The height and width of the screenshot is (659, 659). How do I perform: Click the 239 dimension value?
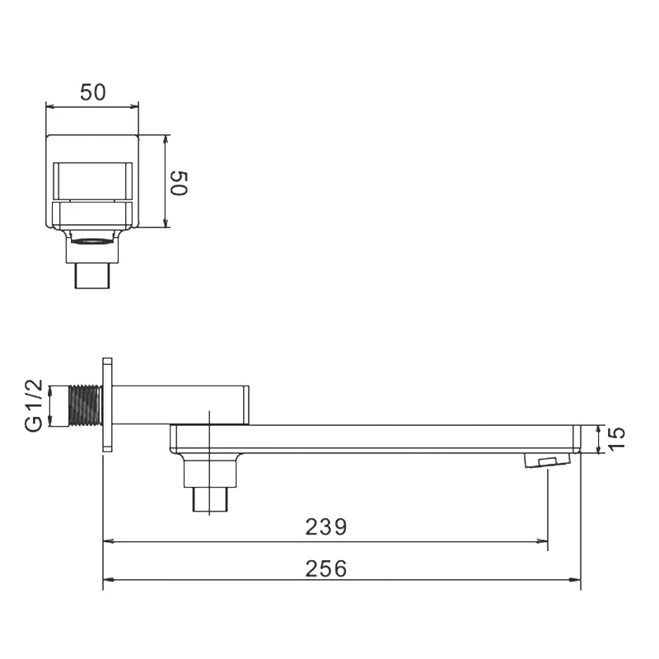click(x=326, y=526)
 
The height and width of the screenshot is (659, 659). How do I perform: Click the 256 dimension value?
click(x=326, y=568)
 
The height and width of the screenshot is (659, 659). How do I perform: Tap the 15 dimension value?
click(x=616, y=439)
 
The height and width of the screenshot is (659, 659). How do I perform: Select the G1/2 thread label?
click(x=34, y=405)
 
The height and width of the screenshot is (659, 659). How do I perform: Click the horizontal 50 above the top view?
click(x=93, y=92)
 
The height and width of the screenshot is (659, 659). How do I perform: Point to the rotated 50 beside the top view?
click(x=179, y=183)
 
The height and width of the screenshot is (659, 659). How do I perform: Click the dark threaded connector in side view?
click(x=85, y=406)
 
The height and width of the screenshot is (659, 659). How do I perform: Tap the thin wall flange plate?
click(x=107, y=404)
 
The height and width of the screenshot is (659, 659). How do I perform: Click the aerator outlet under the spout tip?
click(x=547, y=460)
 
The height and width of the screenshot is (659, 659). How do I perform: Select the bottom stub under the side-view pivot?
click(x=211, y=500)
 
